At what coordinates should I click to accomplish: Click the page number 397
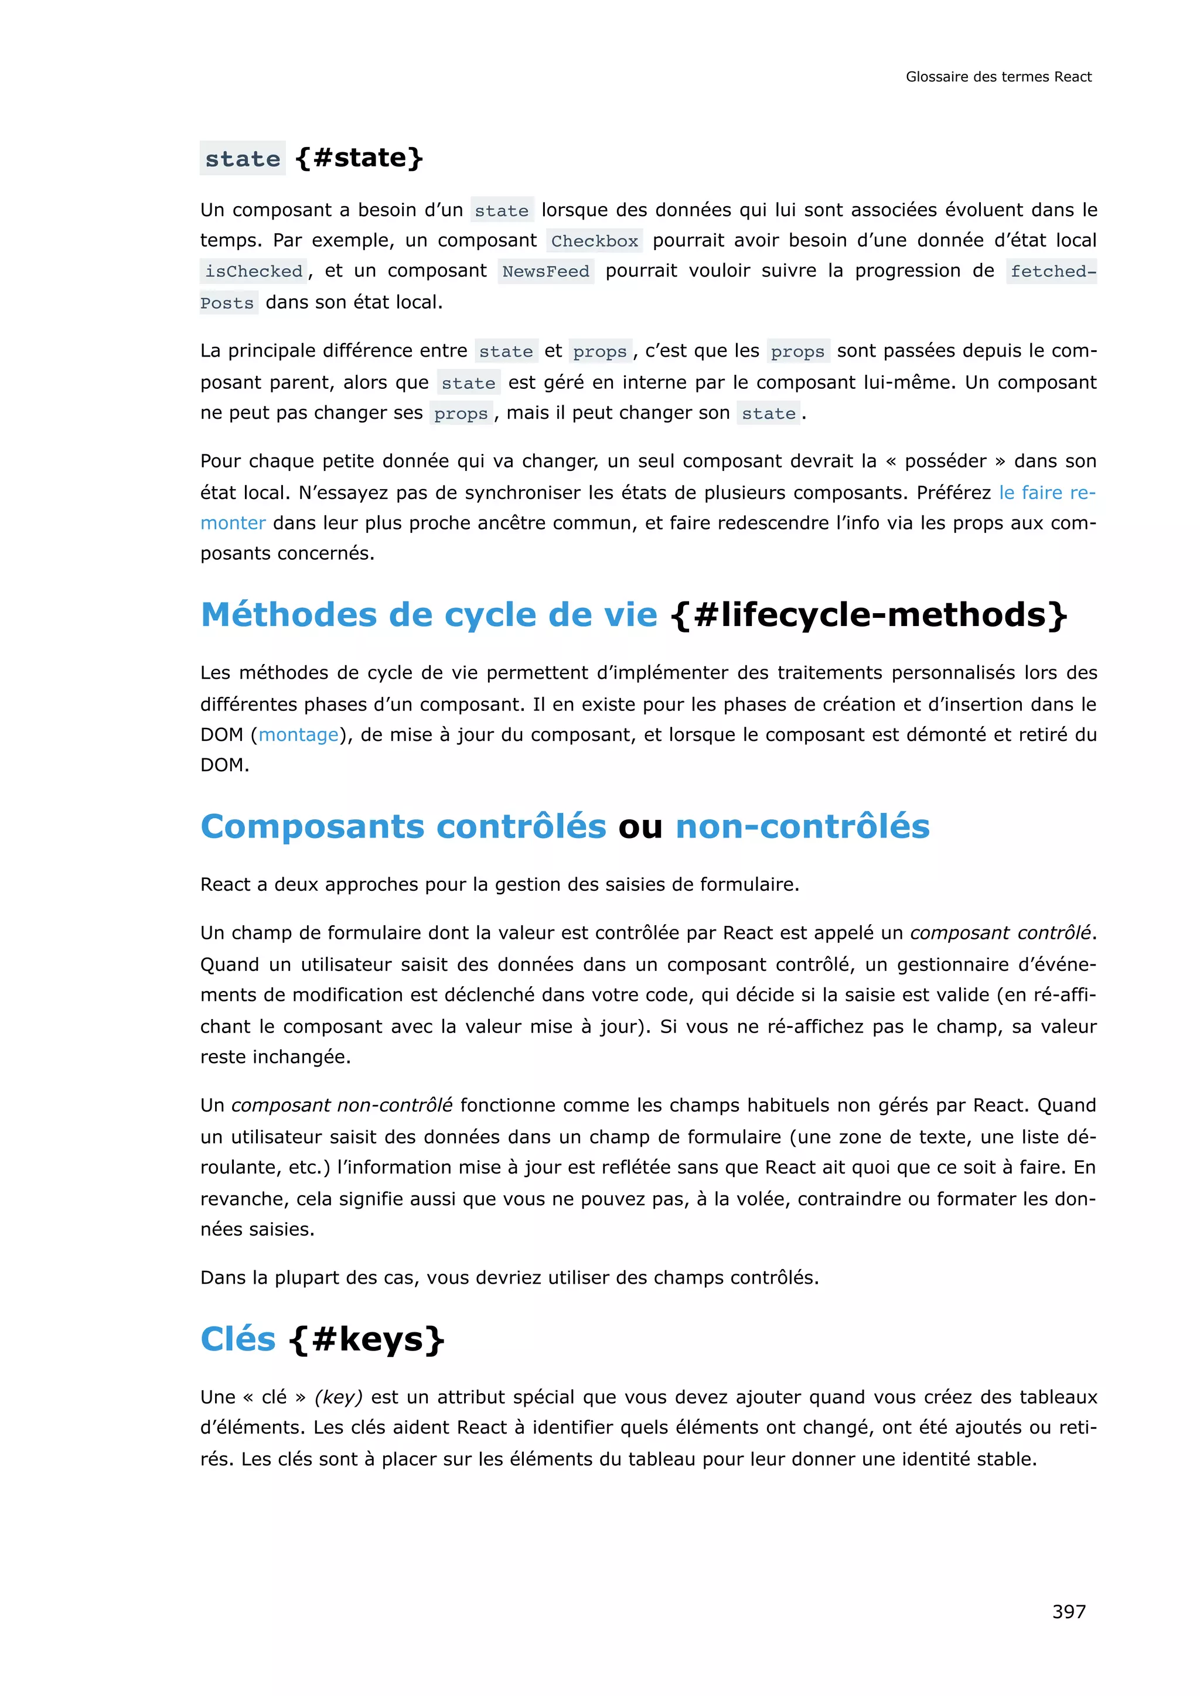tap(1069, 1611)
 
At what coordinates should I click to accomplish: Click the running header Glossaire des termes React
tap(998, 77)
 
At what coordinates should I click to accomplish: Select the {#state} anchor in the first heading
tap(359, 158)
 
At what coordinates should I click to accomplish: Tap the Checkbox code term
tap(594, 241)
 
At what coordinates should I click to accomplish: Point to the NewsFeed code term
tap(546, 272)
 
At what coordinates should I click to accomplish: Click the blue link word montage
tap(298, 735)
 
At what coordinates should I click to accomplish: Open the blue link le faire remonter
tap(1046, 493)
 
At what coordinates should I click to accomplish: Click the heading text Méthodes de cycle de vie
tap(428, 614)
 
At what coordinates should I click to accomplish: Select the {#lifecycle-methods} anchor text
tap(869, 614)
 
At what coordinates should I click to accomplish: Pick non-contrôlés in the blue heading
tap(803, 826)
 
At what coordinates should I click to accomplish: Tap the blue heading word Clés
tap(238, 1339)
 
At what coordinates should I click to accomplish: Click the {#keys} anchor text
tap(367, 1340)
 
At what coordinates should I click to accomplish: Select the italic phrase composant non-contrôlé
tap(342, 1105)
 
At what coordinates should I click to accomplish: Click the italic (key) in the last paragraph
tap(339, 1397)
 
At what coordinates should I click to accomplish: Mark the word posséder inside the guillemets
tap(945, 461)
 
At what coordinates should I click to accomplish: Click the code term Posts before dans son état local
tap(227, 303)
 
